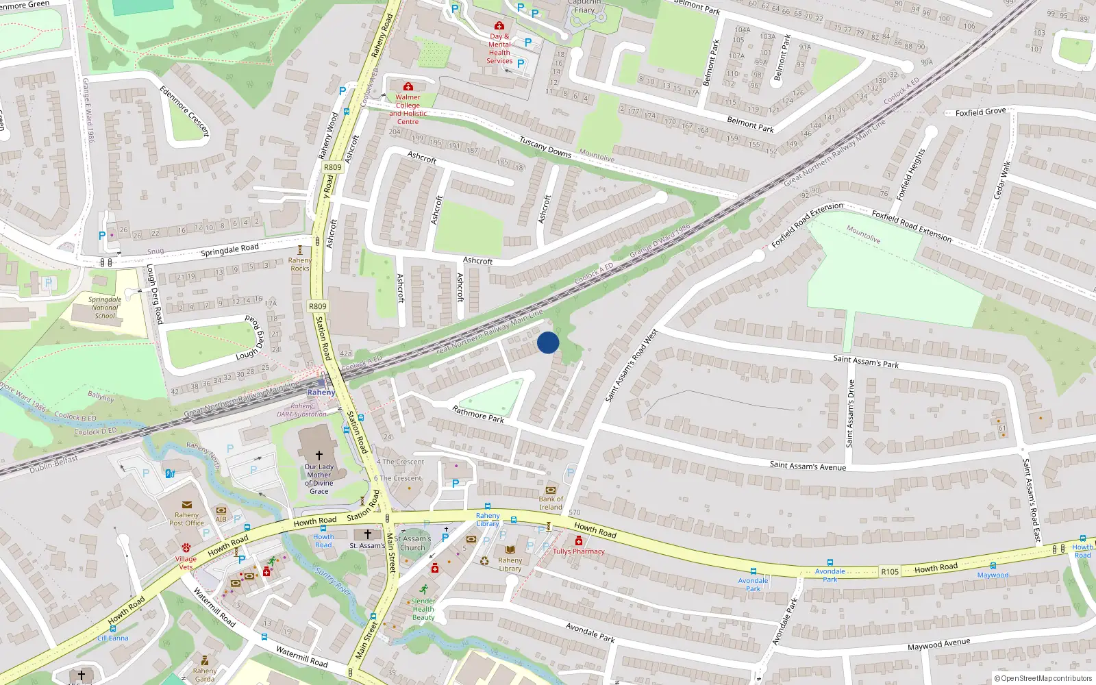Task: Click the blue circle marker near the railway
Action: [548, 342]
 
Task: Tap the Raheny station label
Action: [321, 393]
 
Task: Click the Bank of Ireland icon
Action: [550, 490]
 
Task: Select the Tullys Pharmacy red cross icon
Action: [578, 541]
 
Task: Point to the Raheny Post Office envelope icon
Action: [186, 506]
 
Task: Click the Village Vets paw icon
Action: [186, 547]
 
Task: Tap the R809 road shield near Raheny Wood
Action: [332, 167]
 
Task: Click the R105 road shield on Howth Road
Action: [890, 571]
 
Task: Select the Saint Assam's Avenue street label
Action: [808, 466]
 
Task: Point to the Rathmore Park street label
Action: [478, 414]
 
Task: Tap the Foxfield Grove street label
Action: [980, 112]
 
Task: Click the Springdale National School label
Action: [105, 308]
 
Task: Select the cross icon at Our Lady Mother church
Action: [319, 455]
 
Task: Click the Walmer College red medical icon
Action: [408, 87]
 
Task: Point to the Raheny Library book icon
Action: [510, 549]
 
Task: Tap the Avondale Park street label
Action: [590, 632]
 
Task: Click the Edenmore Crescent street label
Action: [184, 111]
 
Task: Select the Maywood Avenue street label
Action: [938, 645]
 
